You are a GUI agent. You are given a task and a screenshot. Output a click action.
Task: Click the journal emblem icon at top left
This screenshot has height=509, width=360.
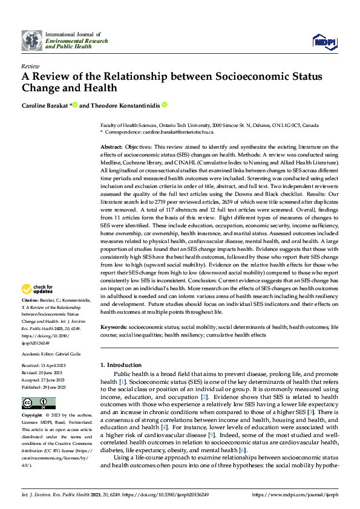pos(32,41)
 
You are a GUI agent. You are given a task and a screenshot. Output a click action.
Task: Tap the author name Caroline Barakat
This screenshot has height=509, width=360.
pos(45,105)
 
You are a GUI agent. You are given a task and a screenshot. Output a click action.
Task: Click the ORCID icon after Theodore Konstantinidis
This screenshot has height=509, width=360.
pos(163,105)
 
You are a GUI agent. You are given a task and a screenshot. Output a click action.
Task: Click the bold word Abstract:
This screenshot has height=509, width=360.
pos(111,147)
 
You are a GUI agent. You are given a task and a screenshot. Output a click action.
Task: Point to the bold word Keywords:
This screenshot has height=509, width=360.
pos(114,326)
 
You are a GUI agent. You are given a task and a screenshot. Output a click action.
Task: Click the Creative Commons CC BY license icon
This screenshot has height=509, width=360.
pos(39,403)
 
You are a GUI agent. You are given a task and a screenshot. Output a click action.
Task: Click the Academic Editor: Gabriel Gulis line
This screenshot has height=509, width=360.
pos(53,354)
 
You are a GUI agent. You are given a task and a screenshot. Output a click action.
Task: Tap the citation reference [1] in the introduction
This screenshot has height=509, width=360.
pos(122,382)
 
